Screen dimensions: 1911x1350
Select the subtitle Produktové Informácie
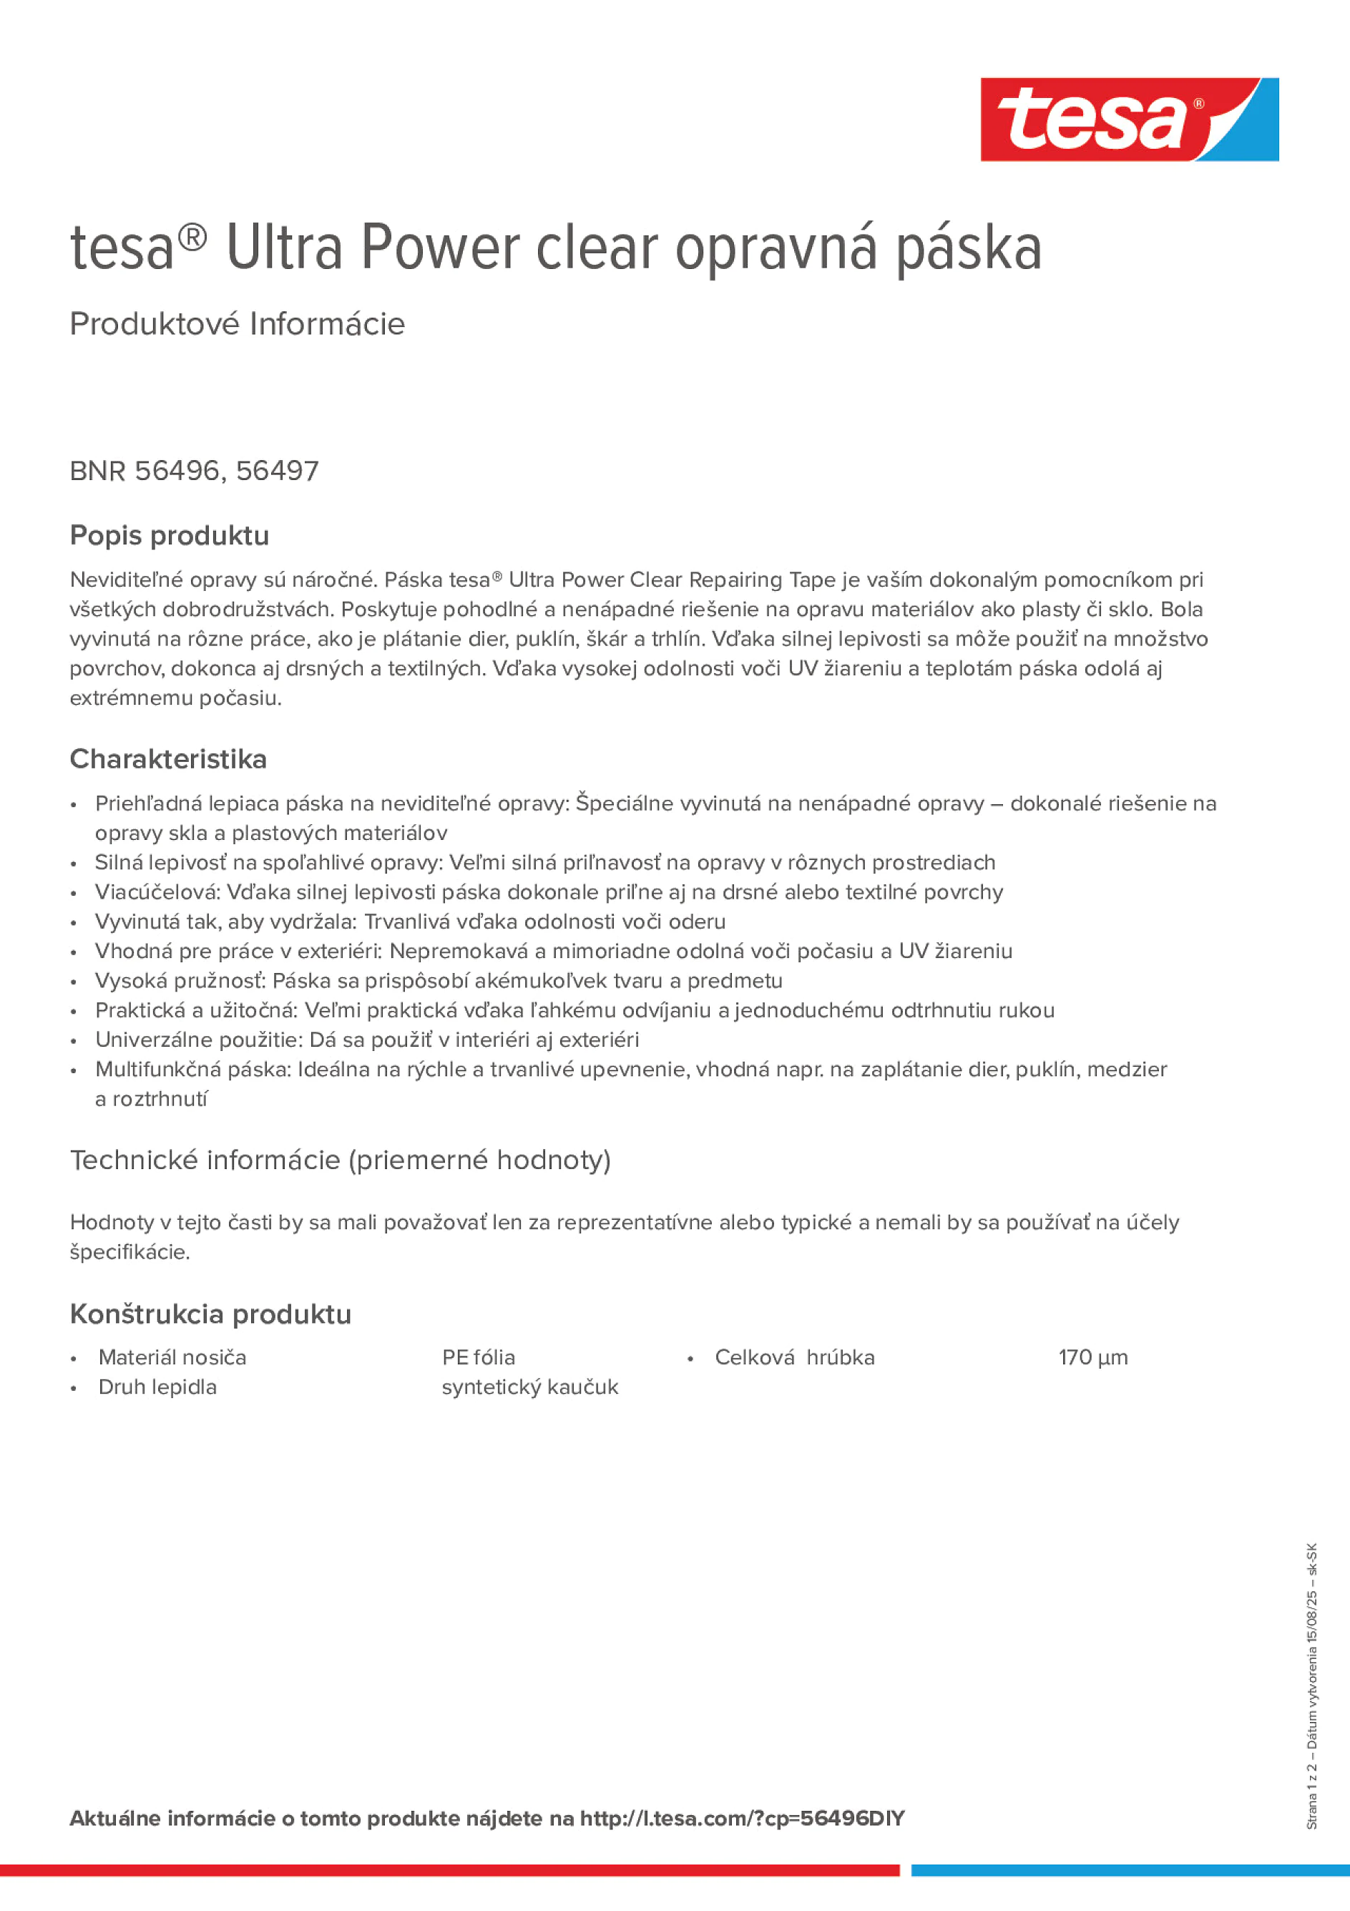click(238, 324)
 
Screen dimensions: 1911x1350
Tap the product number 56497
click(277, 471)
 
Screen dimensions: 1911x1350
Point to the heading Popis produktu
click(169, 535)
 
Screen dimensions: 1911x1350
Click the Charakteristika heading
click(168, 759)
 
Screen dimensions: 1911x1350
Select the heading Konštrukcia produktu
click(210, 1314)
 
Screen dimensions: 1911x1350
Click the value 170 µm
click(1093, 1357)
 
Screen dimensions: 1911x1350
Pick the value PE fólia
click(479, 1357)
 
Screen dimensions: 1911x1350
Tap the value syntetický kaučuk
click(530, 1387)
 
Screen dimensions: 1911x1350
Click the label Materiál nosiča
click(172, 1357)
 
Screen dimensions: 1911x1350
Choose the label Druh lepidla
click(157, 1387)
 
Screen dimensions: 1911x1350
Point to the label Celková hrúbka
click(795, 1357)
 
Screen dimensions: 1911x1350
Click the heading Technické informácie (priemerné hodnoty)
click(341, 1160)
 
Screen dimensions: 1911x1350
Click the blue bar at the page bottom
click(1130, 1870)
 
